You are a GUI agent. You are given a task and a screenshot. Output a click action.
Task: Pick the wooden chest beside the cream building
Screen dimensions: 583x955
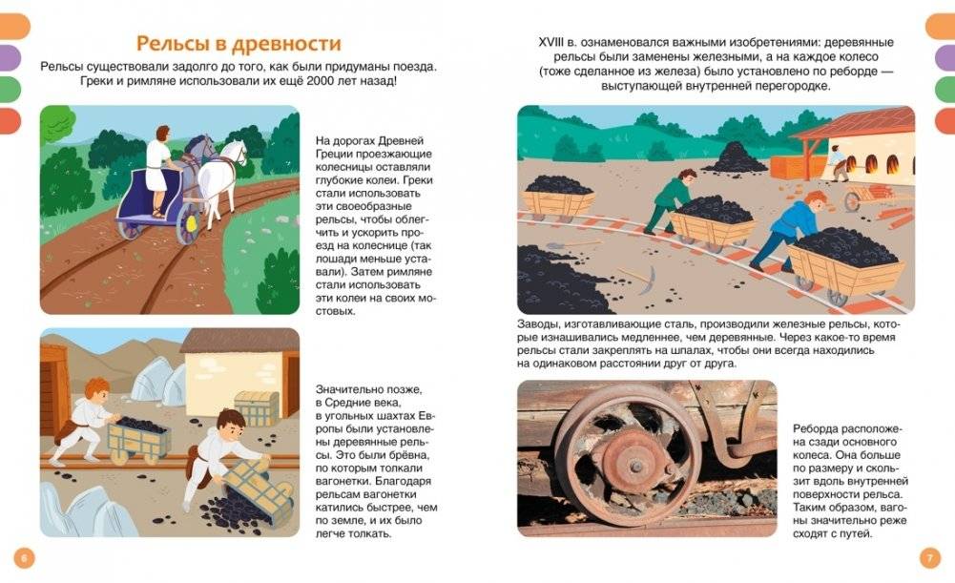[x=255, y=407]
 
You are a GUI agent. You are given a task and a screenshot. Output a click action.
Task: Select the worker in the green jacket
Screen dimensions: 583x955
[x=672, y=199]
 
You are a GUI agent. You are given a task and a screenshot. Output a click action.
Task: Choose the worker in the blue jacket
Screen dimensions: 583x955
[x=784, y=229]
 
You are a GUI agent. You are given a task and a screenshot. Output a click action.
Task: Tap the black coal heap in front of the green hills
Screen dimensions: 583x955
[x=736, y=156]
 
